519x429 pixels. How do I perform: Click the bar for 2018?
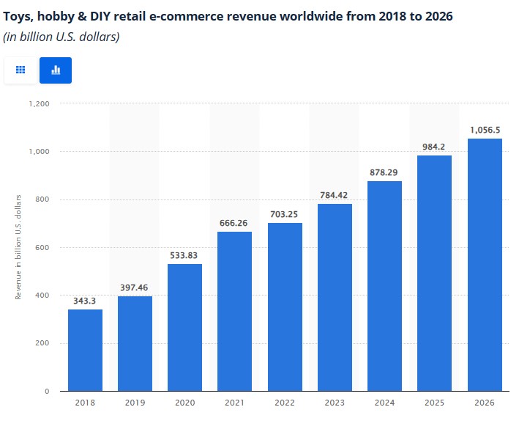[x=85, y=351]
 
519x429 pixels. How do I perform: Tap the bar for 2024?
[x=384, y=286]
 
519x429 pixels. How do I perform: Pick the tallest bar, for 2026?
[x=484, y=265]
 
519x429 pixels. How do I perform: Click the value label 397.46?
[x=135, y=287]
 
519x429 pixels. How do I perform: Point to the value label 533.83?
[x=184, y=255]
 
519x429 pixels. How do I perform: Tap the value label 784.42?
[x=335, y=195]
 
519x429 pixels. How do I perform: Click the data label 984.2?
[x=434, y=146]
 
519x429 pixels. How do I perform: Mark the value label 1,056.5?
[x=484, y=129]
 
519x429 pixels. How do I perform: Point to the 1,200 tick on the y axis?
[x=39, y=104]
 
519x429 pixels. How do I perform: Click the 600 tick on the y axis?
[x=42, y=248]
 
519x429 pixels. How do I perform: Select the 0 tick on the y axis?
[x=47, y=392]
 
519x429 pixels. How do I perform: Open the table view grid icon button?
[x=20, y=70]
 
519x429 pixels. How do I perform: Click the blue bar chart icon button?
[x=56, y=70]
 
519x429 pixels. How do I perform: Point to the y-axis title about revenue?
[x=18, y=246]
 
